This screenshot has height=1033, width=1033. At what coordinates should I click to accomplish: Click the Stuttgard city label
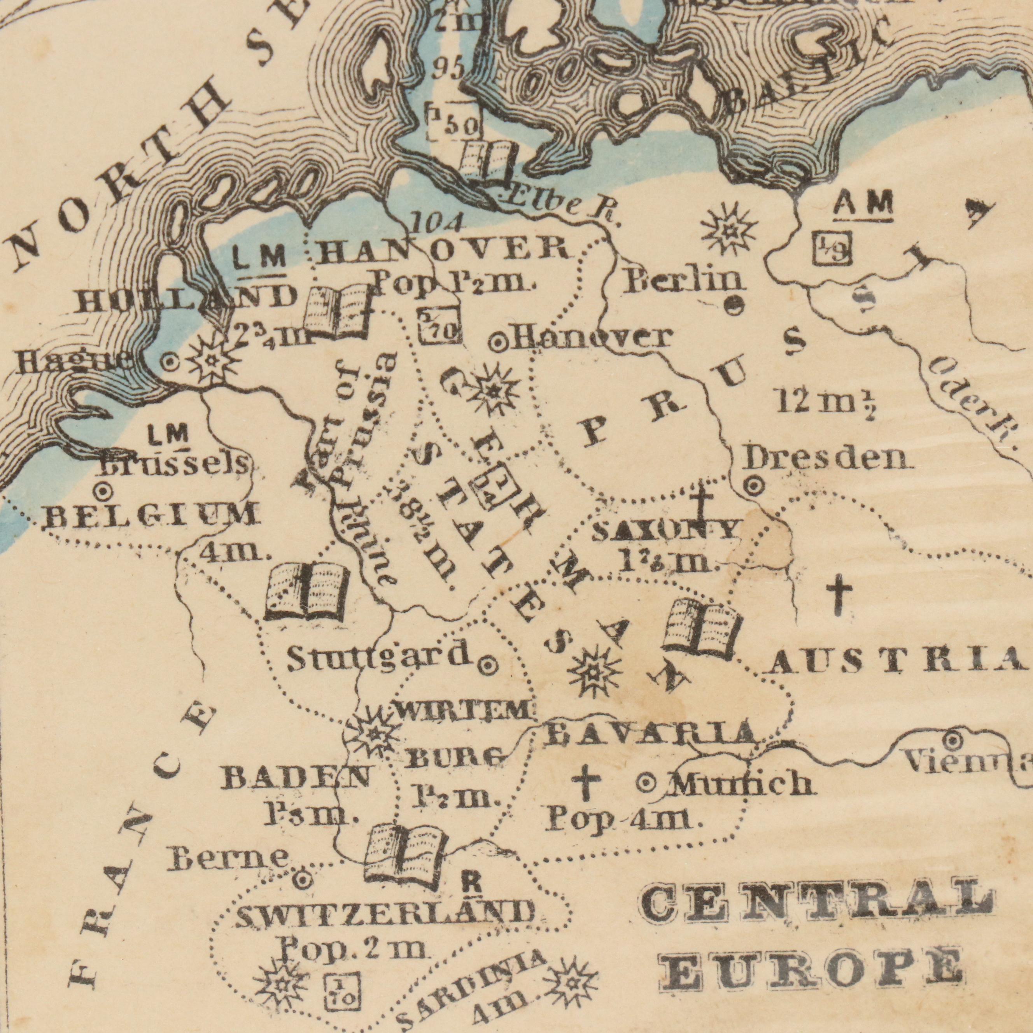coord(378,657)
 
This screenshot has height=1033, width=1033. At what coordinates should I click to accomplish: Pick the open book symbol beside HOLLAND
coord(337,311)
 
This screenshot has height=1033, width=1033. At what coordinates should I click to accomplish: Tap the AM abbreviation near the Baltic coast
coord(863,204)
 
